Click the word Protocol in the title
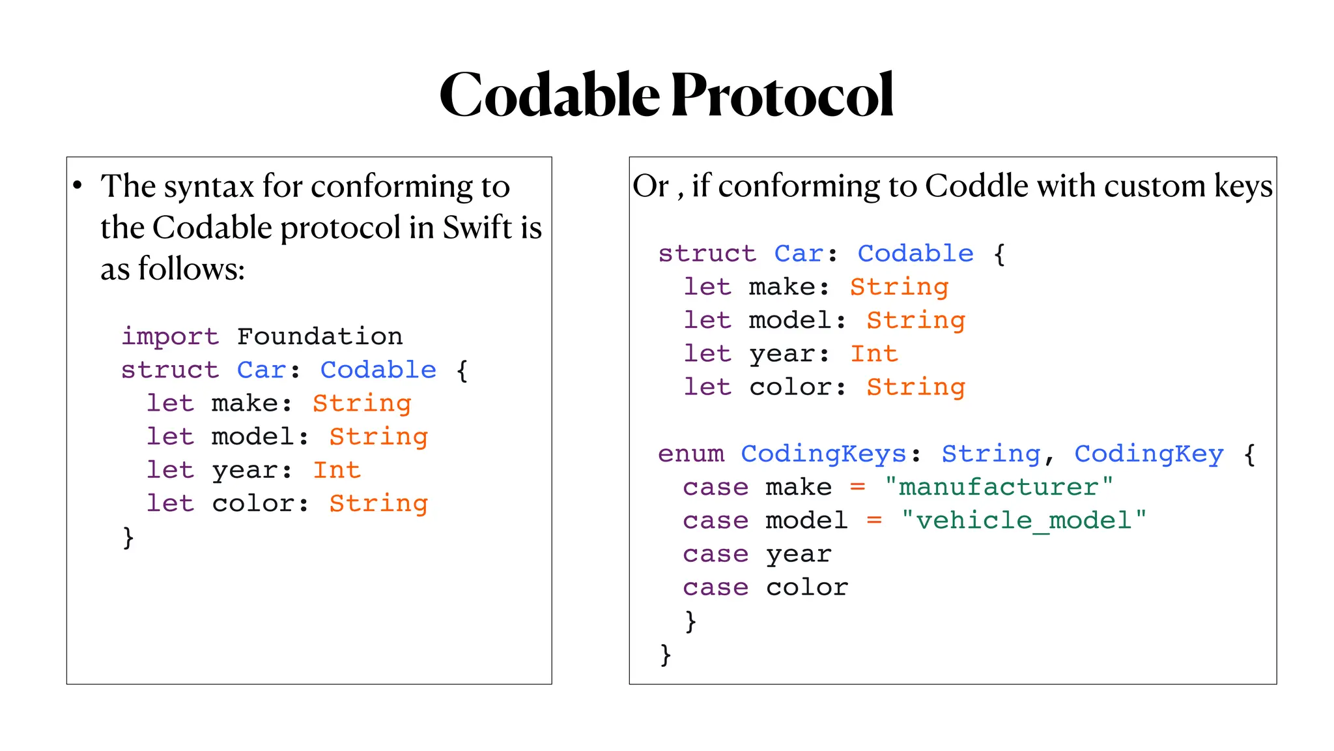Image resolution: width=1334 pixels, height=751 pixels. (x=782, y=96)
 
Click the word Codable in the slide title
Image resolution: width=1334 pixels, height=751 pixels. (x=550, y=96)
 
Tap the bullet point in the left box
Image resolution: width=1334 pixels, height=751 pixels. (x=78, y=186)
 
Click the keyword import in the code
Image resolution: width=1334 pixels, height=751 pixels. (x=170, y=337)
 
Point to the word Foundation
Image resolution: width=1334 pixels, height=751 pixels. (x=320, y=337)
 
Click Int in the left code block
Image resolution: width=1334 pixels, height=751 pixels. (x=337, y=470)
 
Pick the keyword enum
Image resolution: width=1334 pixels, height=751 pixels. (x=690, y=454)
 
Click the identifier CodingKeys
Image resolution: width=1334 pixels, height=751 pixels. (x=823, y=454)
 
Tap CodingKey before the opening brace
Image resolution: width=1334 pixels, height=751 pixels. (x=1149, y=454)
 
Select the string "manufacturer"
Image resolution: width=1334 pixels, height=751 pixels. (x=999, y=487)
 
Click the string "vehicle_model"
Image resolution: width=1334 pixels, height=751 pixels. (x=1023, y=521)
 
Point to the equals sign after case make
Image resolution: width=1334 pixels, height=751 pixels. (x=858, y=487)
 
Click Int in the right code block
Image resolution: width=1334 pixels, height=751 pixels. (x=874, y=354)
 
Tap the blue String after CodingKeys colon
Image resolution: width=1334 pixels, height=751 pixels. (x=991, y=454)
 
